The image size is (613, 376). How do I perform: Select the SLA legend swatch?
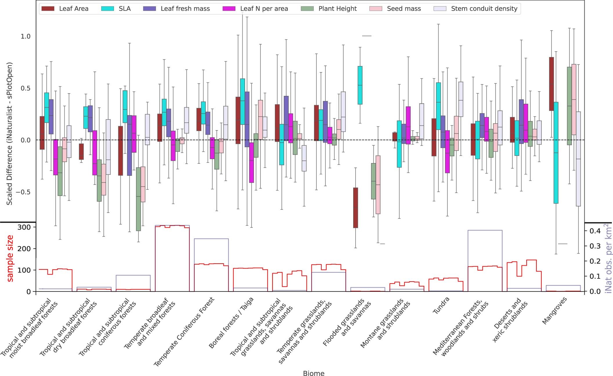point(107,9)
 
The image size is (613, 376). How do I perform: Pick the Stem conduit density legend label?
point(484,9)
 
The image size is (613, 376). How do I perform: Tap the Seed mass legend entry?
point(404,9)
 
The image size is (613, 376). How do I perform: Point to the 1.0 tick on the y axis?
point(26,36)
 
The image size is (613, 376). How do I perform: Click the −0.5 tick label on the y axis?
point(23,192)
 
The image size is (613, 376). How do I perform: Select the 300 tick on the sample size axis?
point(24,227)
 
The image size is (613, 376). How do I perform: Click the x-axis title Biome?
point(313,373)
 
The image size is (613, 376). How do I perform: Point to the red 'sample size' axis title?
point(10,258)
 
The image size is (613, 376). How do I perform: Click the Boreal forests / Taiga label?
point(231,323)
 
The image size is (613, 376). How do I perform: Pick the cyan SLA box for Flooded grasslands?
point(360,85)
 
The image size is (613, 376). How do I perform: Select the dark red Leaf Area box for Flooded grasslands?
point(356,208)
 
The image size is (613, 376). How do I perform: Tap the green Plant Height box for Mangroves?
point(569,106)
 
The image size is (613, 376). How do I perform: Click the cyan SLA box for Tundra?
point(438,106)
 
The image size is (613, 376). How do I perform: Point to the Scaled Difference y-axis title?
point(10,134)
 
